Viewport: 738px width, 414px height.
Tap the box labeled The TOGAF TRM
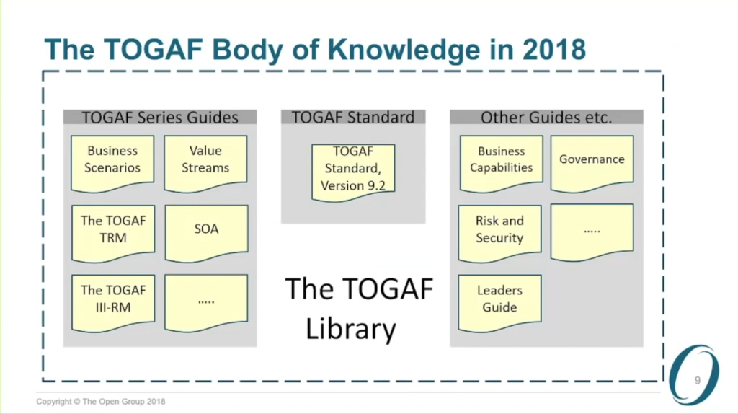(x=113, y=233)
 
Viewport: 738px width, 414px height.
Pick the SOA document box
(x=206, y=233)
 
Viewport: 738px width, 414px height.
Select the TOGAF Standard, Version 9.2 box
(x=353, y=172)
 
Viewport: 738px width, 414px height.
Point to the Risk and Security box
(x=500, y=233)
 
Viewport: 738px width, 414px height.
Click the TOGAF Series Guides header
(x=160, y=117)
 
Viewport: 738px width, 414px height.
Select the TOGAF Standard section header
(x=353, y=117)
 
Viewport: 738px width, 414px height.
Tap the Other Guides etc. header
(x=546, y=117)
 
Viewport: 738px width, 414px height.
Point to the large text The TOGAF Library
(x=358, y=309)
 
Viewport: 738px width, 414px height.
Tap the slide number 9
(x=698, y=380)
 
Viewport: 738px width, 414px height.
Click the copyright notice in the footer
(x=101, y=402)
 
